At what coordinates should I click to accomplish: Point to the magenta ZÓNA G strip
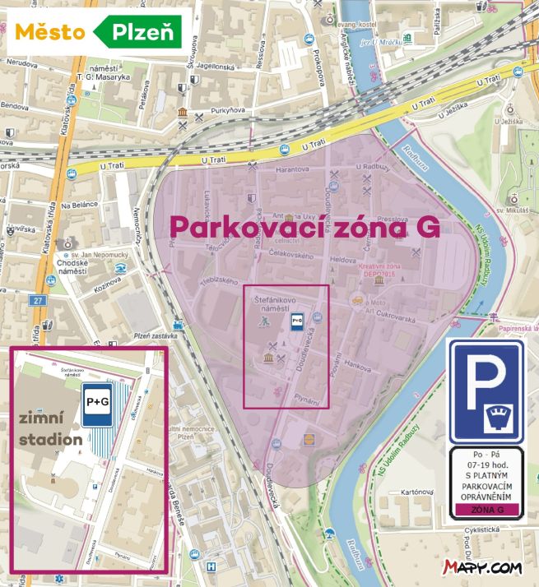coord(486,510)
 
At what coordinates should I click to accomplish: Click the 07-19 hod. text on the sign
coord(486,468)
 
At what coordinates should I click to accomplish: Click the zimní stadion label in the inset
coord(50,428)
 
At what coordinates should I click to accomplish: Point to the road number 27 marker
coord(38,302)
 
